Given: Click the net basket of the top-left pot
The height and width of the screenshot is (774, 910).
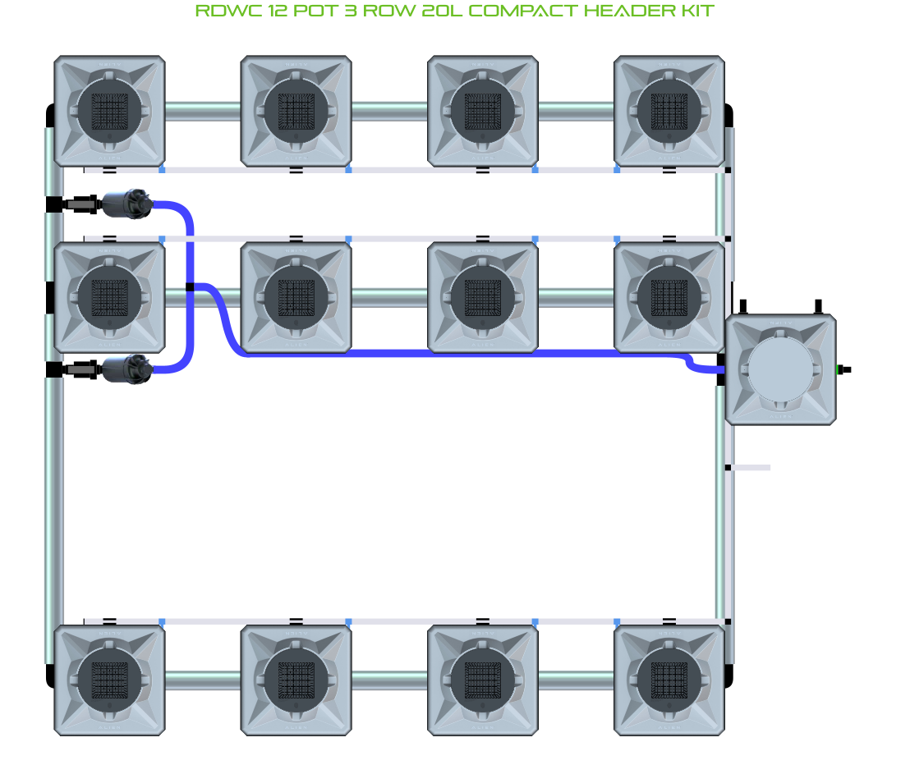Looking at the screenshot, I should [109, 110].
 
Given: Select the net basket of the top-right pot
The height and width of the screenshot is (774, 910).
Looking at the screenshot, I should [669, 110].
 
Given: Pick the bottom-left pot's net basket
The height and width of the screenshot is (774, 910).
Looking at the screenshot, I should [109, 680].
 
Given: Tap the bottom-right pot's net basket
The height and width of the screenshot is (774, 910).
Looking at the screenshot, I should [669, 680].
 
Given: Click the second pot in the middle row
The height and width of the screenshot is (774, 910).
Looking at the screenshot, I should [296, 297].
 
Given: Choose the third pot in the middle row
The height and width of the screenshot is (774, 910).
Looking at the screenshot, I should [483, 297].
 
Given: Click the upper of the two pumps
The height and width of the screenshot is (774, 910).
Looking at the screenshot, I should [126, 204].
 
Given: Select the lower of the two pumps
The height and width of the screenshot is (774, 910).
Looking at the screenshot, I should [126, 369].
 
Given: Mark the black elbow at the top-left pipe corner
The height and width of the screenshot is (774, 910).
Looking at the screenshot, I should [49, 115].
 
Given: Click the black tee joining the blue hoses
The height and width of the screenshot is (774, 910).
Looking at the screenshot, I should [190, 286].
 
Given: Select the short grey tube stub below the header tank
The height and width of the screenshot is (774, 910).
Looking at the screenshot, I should [751, 468].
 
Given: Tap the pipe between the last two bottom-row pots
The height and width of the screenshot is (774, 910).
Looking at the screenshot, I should [576, 680].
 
